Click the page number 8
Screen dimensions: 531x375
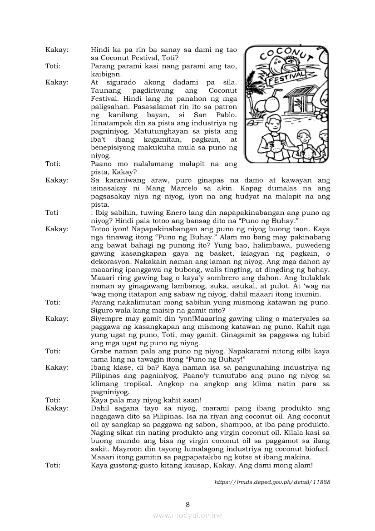tap(187, 504)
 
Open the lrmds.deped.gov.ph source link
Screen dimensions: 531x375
tap(272, 482)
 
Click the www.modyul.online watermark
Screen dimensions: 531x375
tap(187, 515)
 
